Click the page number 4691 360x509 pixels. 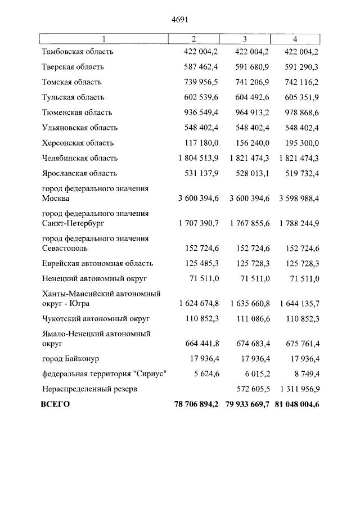coord(179,19)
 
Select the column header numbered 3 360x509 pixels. coord(245,39)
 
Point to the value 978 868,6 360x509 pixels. coord(299,112)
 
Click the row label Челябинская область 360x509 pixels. coord(80,158)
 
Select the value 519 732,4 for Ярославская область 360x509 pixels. coord(299,173)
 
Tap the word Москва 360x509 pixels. coord(56,199)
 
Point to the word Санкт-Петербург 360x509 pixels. coord(73,223)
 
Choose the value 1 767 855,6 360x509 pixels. coord(249,223)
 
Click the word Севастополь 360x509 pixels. coord(64,248)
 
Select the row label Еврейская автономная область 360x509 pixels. coord(97,263)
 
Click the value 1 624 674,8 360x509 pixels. coord(198,303)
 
